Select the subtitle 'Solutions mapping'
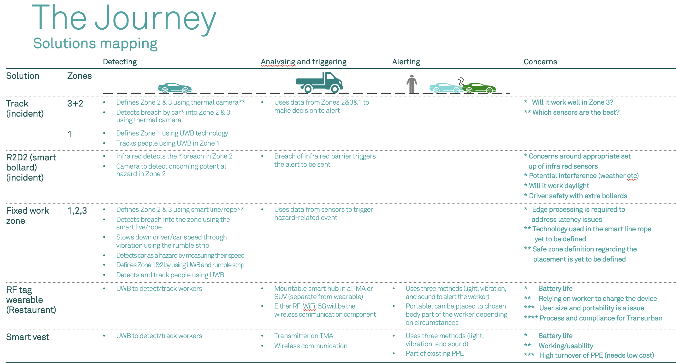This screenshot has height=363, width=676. pyautogui.click(x=95, y=43)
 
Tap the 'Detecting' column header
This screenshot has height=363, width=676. pyautogui.click(x=120, y=62)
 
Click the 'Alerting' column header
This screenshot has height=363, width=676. pyautogui.click(x=406, y=62)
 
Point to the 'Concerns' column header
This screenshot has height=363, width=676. pyautogui.click(x=540, y=62)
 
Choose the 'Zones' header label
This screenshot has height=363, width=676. pyautogui.click(x=80, y=76)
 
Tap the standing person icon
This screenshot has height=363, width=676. pyautogui.click(x=412, y=84)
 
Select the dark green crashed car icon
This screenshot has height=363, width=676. pyautogui.click(x=479, y=88)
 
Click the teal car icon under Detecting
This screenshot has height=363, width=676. pyautogui.click(x=175, y=88)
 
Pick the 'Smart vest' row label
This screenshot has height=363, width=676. pyautogui.click(x=28, y=337)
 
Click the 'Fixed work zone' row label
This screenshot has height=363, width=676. pyautogui.click(x=27, y=216)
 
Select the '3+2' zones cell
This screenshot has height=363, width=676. pyautogui.click(x=75, y=104)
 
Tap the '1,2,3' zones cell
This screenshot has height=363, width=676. pyautogui.click(x=77, y=211)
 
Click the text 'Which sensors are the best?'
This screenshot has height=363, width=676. pyautogui.click(x=576, y=112)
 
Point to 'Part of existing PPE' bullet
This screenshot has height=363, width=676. pyautogui.click(x=435, y=354)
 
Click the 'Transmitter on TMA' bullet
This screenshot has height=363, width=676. pyautogui.click(x=304, y=336)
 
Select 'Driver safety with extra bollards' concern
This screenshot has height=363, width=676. pyautogui.click(x=578, y=196)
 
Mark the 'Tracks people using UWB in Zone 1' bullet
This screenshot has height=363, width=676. pyautogui.click(x=168, y=143)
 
